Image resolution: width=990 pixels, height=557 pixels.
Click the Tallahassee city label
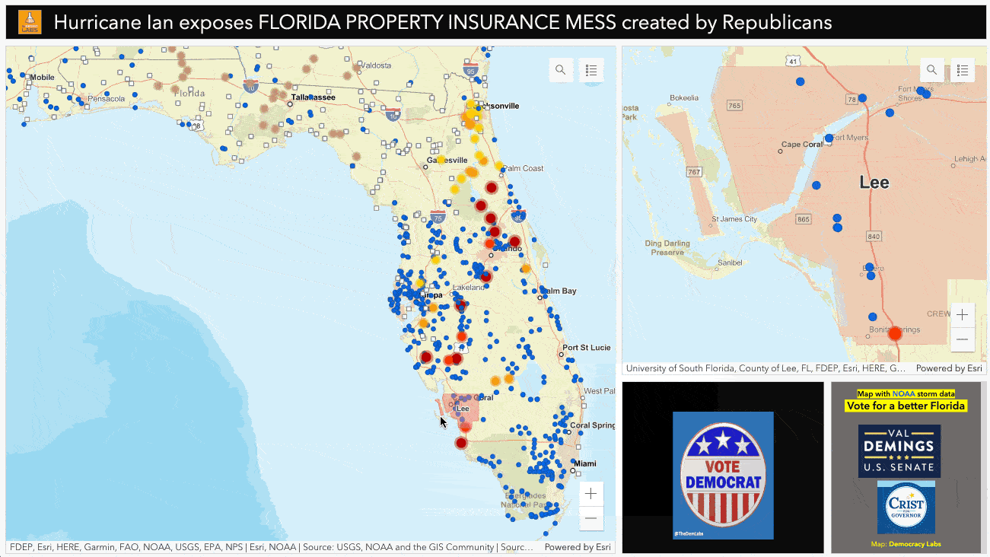pos(314,97)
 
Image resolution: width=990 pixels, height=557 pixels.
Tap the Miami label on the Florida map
pos(585,463)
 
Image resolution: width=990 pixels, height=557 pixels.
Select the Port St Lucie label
pos(587,348)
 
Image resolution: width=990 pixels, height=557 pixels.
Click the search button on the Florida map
pos(561,70)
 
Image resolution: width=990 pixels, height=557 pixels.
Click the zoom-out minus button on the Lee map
pos(963,339)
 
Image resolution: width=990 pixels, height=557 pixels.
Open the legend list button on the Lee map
pos(963,70)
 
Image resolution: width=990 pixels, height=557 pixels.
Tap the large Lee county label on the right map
pos(874,183)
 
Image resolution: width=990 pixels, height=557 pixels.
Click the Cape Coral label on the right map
pos(802,145)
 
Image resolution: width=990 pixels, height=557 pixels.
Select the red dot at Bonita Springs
pos(895,333)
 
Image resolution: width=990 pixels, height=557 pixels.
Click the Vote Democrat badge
pos(722,475)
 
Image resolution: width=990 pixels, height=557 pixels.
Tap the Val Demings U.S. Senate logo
pos(899,450)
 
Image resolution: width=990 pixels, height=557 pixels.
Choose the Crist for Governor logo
pos(906,507)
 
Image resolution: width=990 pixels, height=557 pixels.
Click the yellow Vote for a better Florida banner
pos(906,406)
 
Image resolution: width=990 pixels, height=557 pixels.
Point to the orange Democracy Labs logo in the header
pos(30,23)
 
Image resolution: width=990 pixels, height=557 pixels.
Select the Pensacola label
pos(105,99)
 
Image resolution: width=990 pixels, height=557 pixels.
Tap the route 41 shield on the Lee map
pos(794,61)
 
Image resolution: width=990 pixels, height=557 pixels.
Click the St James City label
pos(734,219)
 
